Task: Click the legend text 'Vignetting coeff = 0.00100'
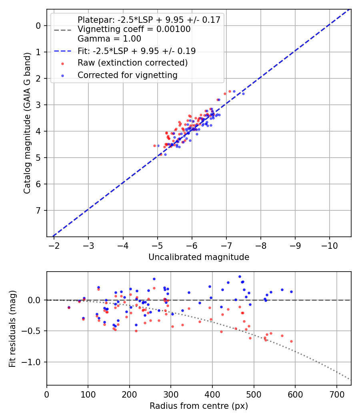(x=134, y=29)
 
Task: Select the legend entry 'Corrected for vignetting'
(x=127, y=75)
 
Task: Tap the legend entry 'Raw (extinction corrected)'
(x=132, y=63)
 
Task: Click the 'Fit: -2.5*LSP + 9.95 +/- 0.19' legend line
(x=136, y=51)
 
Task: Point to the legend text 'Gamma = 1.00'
(x=109, y=39)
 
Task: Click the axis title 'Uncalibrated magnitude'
(x=199, y=257)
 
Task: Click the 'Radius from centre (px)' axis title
(x=199, y=406)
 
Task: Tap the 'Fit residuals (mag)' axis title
(x=12, y=328)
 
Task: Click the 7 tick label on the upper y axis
(x=38, y=210)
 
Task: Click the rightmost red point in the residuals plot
(x=291, y=341)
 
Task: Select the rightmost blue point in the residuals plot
(x=291, y=292)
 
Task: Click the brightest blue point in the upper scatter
(x=243, y=94)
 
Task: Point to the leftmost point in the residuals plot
(x=69, y=308)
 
